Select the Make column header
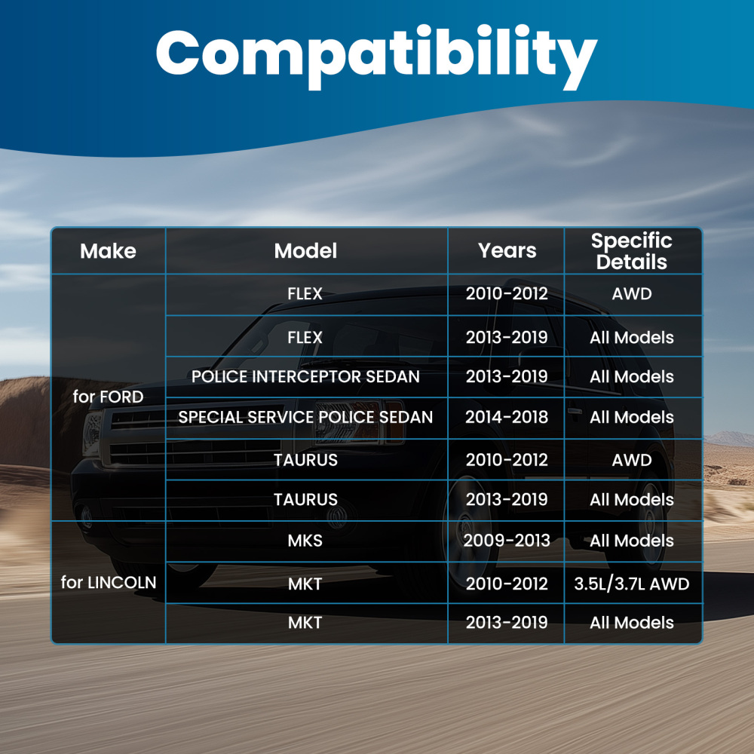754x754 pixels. click(108, 251)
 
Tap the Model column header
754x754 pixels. click(306, 251)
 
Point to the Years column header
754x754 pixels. click(507, 250)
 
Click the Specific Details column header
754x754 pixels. click(631, 251)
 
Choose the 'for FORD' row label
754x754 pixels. click(108, 397)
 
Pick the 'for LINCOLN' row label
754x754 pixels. click(109, 582)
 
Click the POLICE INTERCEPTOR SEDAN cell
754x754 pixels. click(306, 376)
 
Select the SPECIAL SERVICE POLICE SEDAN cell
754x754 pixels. click(306, 417)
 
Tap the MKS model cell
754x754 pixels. click(305, 541)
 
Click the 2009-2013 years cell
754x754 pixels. click(507, 541)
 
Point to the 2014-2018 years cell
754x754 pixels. click(507, 417)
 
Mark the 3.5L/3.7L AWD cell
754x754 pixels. click(632, 584)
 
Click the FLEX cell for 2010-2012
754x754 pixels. click(305, 293)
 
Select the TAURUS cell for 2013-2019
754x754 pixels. click(306, 500)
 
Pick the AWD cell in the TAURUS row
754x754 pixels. click(632, 460)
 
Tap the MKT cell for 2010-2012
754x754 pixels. click(305, 584)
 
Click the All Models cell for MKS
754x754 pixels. click(632, 541)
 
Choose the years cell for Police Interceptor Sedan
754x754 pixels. click(507, 376)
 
